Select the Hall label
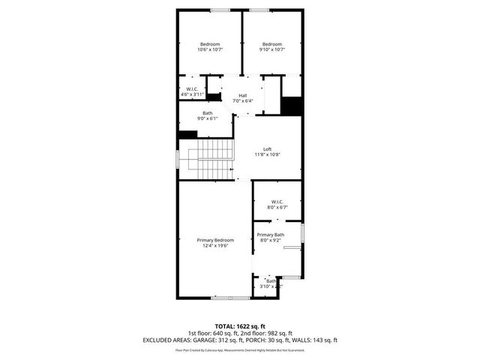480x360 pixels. [243, 95]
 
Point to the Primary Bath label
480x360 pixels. [270, 235]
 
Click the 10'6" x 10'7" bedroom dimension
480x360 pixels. [211, 50]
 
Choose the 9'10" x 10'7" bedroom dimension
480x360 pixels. [271, 50]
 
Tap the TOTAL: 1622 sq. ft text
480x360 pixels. [240, 325]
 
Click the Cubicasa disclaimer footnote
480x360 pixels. [240, 350]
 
